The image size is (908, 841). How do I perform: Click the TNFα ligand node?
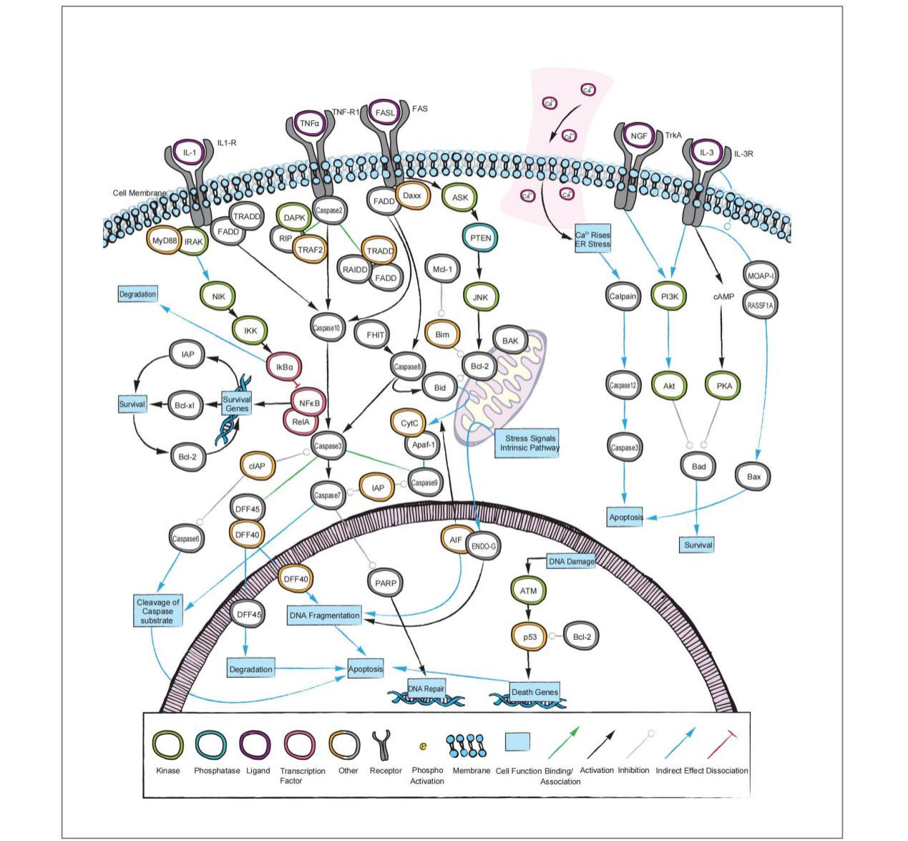pyautogui.click(x=310, y=123)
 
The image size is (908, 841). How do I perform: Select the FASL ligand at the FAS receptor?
pyautogui.click(x=385, y=112)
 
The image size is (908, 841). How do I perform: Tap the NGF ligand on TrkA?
pyautogui.click(x=638, y=136)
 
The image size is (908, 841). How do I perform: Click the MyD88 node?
pyautogui.click(x=164, y=241)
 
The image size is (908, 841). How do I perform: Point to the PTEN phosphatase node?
pyautogui.click(x=481, y=238)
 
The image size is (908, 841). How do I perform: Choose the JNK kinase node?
pyautogui.click(x=480, y=297)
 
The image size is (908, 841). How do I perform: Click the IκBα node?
pyautogui.click(x=284, y=367)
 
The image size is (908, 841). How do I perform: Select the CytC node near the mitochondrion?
pyautogui.click(x=409, y=423)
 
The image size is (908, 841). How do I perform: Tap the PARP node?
pyautogui.click(x=386, y=583)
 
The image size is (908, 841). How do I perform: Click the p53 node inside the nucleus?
pyautogui.click(x=529, y=636)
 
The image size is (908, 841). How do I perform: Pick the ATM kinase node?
pyautogui.click(x=528, y=591)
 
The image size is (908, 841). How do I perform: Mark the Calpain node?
pyautogui.click(x=623, y=296)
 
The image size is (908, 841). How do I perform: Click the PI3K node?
pyautogui.click(x=669, y=296)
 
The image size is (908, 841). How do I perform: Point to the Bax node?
pyautogui.click(x=753, y=477)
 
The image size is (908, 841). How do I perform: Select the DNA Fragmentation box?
pyautogui.click(x=324, y=615)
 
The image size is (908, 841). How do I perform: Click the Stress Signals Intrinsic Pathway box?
pyautogui.click(x=530, y=443)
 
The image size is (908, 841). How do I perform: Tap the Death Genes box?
pyautogui.click(x=534, y=691)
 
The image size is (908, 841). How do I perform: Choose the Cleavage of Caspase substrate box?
pyautogui.click(x=157, y=611)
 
